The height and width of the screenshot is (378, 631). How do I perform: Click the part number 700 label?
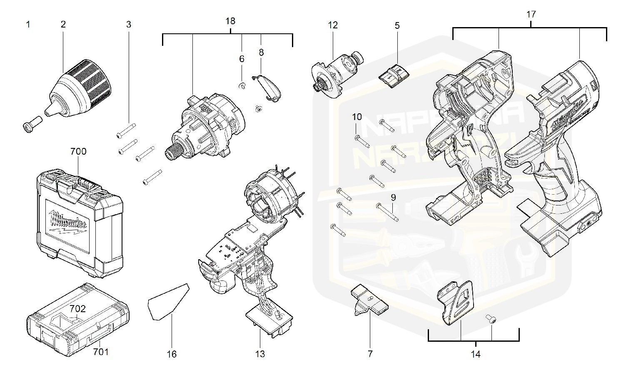[78, 152]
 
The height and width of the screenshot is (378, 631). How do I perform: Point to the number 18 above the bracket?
[230, 21]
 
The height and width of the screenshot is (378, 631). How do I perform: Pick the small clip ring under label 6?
[242, 86]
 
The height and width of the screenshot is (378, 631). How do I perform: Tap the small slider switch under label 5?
[394, 75]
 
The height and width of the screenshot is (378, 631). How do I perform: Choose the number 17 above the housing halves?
[531, 14]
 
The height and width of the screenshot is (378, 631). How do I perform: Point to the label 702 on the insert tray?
[77, 309]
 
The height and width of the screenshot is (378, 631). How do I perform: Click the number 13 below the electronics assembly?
[260, 354]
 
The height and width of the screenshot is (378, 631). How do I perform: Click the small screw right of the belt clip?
[491, 319]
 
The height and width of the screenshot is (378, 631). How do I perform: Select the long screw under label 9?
[387, 212]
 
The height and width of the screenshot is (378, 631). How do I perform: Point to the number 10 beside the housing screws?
[357, 117]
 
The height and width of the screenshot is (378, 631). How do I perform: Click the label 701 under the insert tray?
[100, 352]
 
